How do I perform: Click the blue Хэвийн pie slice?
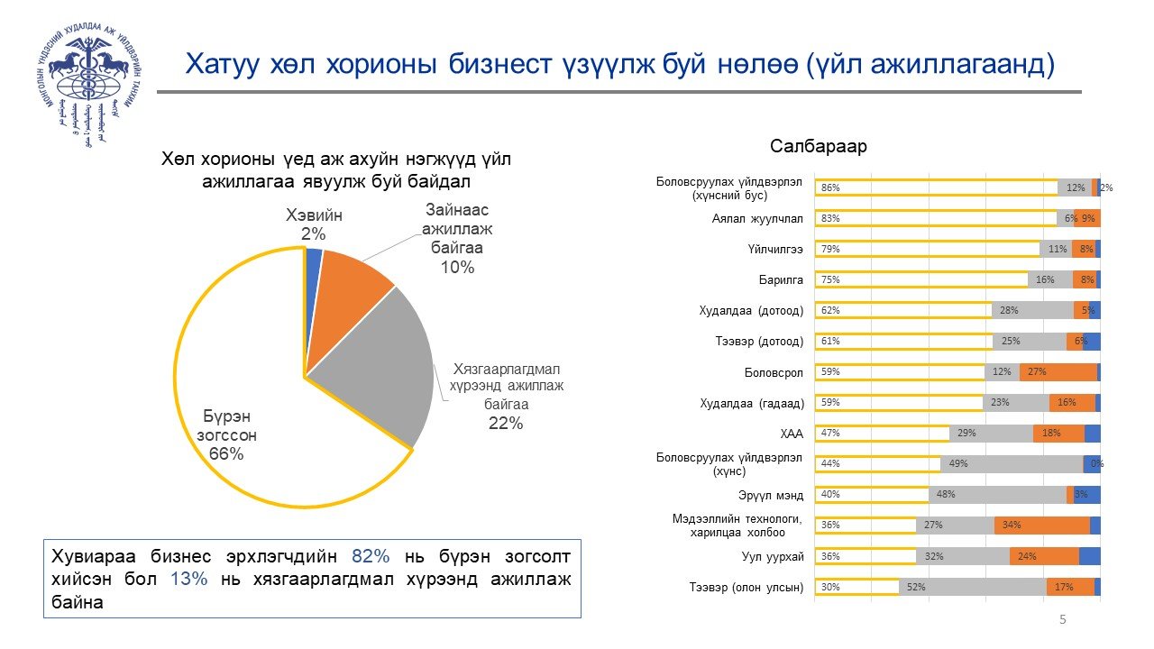coord(314,260)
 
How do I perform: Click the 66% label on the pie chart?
coord(226,454)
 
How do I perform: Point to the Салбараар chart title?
coord(819,147)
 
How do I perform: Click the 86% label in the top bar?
coord(830,188)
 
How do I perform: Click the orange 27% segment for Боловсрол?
coord(1058,371)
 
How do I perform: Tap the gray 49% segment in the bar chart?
coord(1011,463)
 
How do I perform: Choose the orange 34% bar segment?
coord(1041,526)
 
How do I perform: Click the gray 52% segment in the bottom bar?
coord(972,587)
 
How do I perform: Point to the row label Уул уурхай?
coord(772,556)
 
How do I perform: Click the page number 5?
coord(1062,620)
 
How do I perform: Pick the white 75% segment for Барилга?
coord(920,279)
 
